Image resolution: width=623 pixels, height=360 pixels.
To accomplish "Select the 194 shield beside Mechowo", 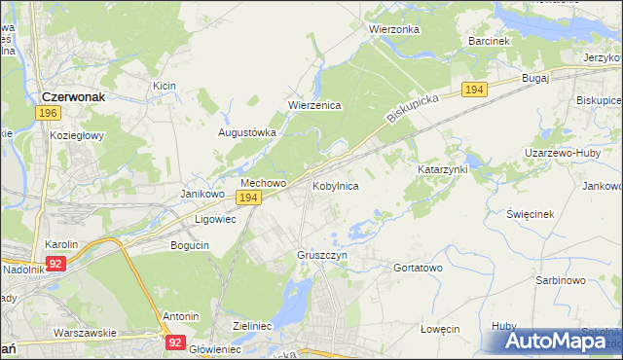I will coord(248,198).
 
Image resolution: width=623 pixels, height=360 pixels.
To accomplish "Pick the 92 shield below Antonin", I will coord(175,342).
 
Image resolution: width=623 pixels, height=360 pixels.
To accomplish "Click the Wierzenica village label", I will coord(313,106).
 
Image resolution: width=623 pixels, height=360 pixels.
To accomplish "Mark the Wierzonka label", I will coord(394,29).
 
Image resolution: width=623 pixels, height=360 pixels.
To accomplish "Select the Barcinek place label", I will coord(489,42).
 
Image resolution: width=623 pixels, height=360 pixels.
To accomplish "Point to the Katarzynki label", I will coord(443,169).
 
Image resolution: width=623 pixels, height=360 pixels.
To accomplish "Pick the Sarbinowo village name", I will coord(560,280).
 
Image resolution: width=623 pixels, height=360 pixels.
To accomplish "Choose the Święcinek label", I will coord(531,214).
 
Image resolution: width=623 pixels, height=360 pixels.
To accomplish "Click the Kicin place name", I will coord(164,87).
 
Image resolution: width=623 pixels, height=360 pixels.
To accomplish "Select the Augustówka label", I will coord(247,132).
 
